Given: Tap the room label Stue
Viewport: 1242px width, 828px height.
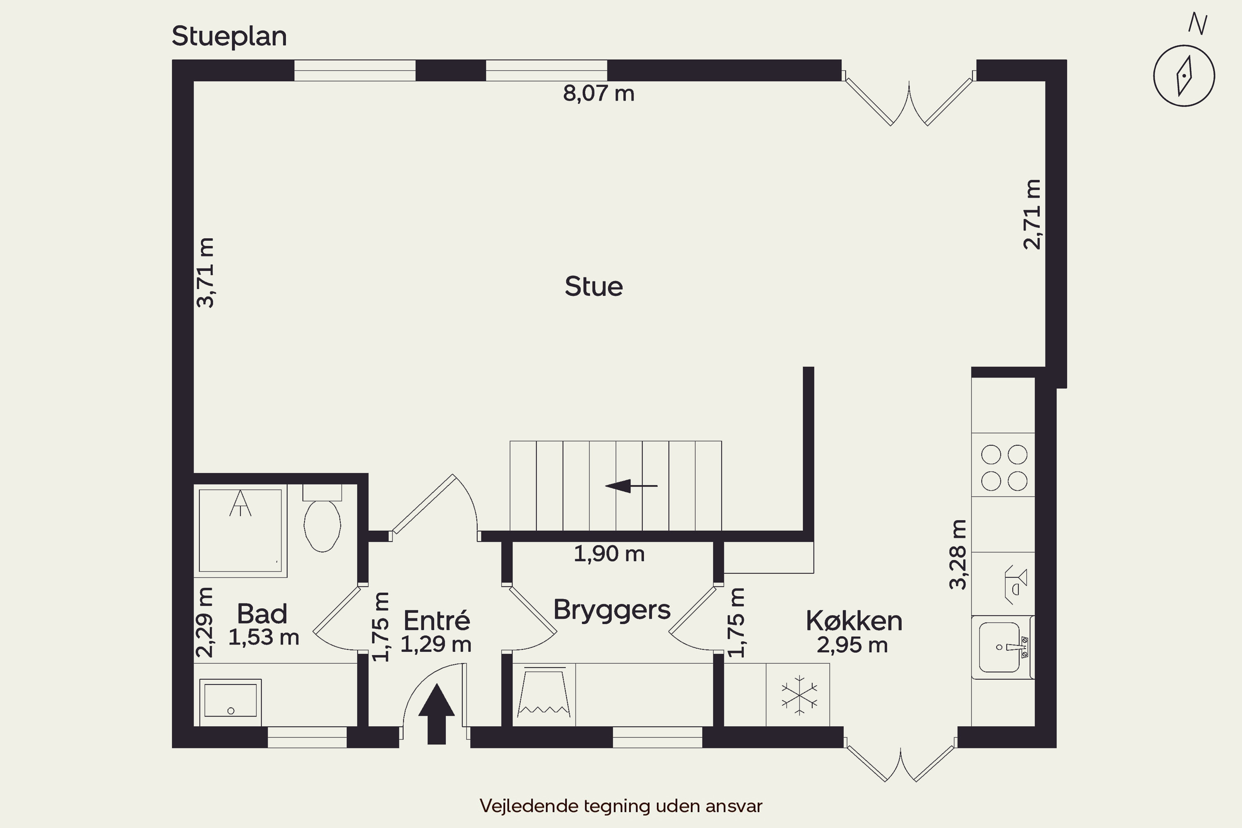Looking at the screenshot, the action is pos(594,287).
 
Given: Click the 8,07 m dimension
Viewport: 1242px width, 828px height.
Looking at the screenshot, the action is pos(598,94).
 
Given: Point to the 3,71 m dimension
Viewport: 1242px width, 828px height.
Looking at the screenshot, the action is pos(205,272).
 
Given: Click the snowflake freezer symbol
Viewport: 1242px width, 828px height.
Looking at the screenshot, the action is pos(799,695).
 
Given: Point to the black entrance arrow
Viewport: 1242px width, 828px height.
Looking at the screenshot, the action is pos(436,714).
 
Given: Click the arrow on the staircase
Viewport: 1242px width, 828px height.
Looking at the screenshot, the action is pos(631,486).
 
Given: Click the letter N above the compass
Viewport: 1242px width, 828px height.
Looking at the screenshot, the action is pos(1197,24).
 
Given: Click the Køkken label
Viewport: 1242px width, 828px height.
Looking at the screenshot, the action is pos(854,621).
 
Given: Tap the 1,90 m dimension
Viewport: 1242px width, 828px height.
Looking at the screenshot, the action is pos(609,554).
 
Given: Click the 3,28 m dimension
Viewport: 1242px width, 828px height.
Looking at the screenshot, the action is pos(958,554).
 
